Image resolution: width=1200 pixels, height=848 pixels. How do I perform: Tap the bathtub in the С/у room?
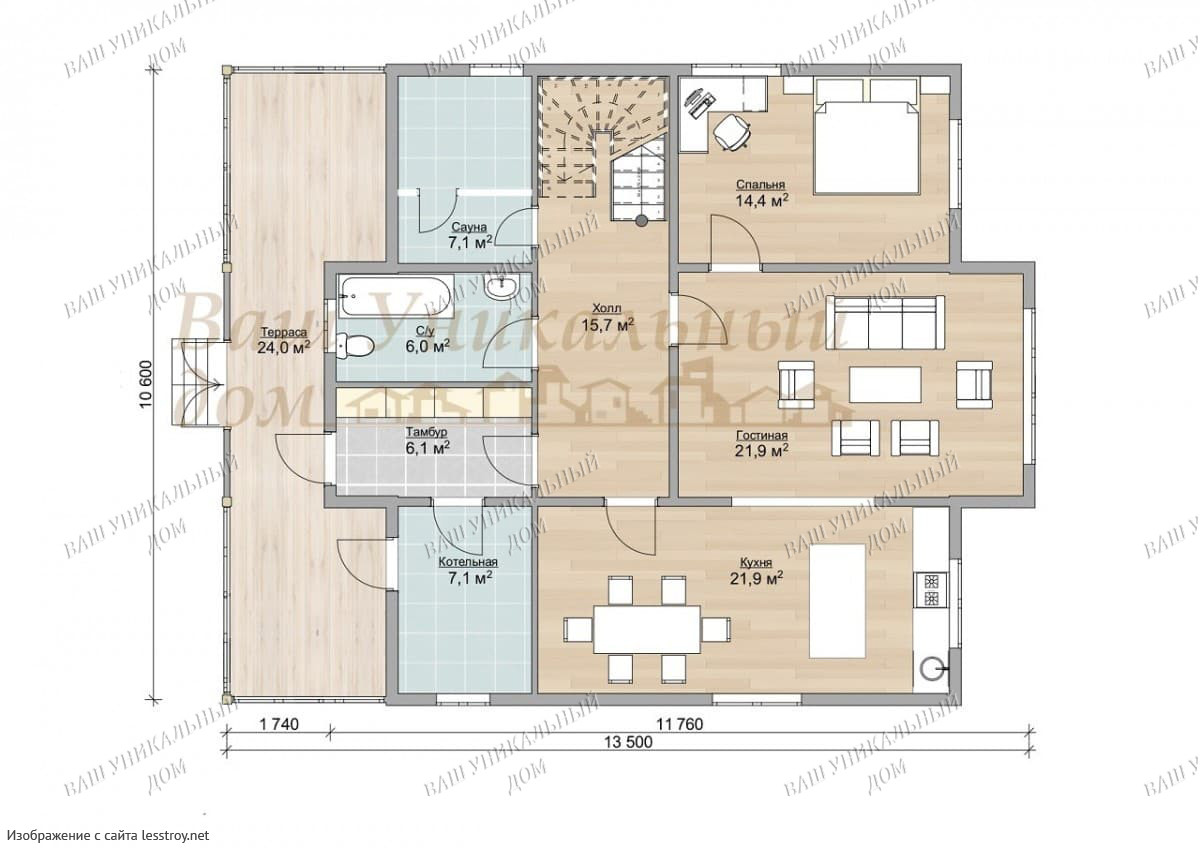[396, 295]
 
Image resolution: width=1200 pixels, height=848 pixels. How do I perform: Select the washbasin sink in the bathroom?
[501, 288]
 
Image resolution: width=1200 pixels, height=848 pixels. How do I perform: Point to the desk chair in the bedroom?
[732, 130]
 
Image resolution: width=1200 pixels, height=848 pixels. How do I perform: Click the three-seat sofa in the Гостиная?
[885, 323]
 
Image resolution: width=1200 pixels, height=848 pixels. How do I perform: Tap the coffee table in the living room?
[885, 384]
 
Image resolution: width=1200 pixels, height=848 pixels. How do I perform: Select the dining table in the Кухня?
[647, 629]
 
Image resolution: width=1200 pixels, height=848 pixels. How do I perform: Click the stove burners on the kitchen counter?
[931, 590]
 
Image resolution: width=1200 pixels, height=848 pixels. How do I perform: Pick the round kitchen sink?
[932, 668]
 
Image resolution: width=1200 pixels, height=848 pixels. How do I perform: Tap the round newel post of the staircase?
[641, 220]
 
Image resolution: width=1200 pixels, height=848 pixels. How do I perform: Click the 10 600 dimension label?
[147, 385]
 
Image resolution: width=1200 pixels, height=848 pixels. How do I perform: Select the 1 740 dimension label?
[279, 725]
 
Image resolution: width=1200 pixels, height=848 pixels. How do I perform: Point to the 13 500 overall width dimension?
[628, 742]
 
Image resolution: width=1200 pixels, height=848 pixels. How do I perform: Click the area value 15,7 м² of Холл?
[608, 325]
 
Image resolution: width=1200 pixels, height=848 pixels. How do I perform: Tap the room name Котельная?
[468, 562]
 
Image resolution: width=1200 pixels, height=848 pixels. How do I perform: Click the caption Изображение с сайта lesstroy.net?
[108, 835]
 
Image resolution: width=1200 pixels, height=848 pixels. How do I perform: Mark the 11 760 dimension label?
[680, 725]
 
